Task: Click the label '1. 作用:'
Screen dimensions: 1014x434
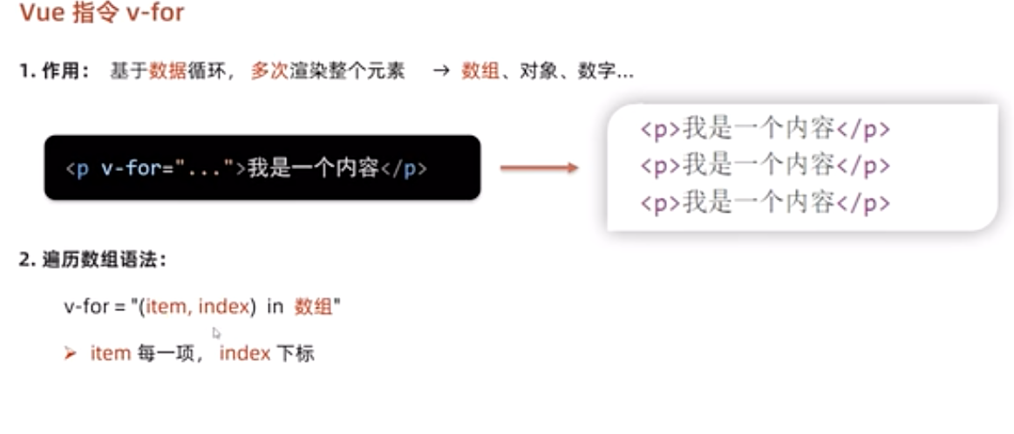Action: [x=55, y=72]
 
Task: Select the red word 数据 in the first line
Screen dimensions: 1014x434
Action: [x=167, y=72]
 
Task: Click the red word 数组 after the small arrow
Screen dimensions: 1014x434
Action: [x=480, y=72]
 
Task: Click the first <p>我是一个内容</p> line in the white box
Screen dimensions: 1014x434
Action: [x=765, y=129]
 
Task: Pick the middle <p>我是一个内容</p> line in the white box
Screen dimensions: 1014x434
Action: [x=765, y=166]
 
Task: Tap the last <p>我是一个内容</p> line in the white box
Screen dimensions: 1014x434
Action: [x=765, y=203]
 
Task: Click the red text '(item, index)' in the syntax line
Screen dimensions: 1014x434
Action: [x=198, y=307]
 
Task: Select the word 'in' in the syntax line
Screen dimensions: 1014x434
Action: [x=276, y=307]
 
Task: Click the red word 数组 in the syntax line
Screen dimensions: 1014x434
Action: [x=314, y=307]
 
